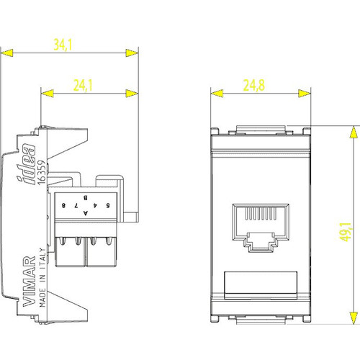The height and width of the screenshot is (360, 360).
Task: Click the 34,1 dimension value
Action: coord(63,45)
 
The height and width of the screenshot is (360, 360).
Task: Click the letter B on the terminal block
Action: coord(86,196)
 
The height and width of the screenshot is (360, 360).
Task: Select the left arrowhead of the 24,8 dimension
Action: coord(215,93)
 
